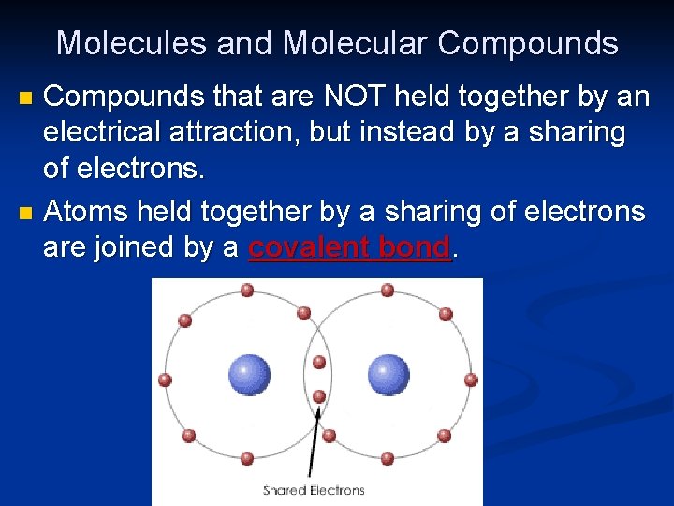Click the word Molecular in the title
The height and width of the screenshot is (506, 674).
tap(355, 43)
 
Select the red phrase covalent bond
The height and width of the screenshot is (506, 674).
tap(350, 247)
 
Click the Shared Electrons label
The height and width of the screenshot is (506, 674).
tap(314, 490)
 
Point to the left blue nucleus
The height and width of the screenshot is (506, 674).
tap(249, 375)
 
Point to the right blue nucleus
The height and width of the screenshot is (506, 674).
tap(388, 375)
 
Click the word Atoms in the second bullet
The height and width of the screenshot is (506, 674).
tap(86, 212)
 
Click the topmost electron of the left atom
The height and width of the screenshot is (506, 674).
tap(247, 290)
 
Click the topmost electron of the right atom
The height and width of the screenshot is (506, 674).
tap(388, 290)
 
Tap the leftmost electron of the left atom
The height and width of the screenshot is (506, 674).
tap(166, 379)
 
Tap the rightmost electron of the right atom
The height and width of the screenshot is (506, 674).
tap(471, 379)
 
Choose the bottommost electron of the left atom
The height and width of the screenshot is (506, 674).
tap(247, 458)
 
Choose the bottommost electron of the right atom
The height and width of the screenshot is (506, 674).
tap(388, 458)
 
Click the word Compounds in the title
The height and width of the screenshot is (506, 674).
tap(528, 43)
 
